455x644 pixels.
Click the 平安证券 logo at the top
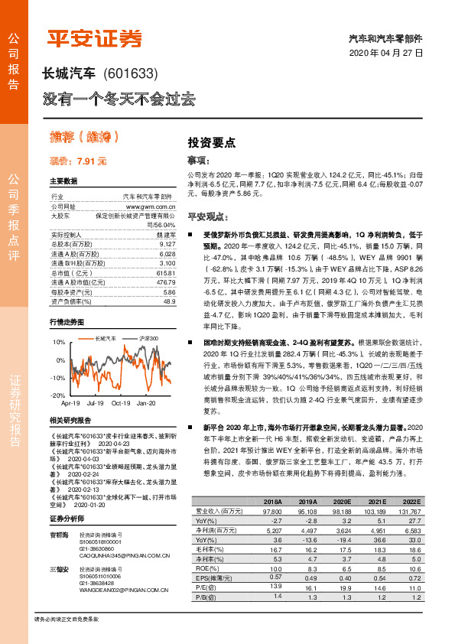coord(95,37)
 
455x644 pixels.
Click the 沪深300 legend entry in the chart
coord(148,337)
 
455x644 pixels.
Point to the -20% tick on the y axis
coord(58,395)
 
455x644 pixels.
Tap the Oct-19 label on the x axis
coord(120,402)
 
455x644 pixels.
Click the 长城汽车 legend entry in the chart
coord(106,337)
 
